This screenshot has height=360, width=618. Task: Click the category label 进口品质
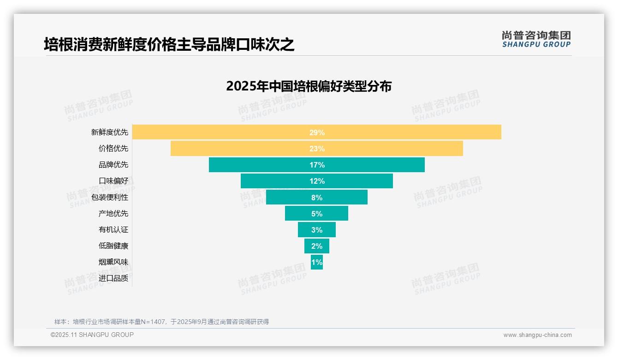[x=113, y=278]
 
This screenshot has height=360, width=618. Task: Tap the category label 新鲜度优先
[x=109, y=132]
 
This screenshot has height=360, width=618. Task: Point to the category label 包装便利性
[x=109, y=197]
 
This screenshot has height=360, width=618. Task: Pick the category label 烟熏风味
[x=113, y=262]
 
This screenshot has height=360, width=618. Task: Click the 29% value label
[x=317, y=132]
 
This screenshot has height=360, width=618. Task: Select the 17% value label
[x=317, y=165]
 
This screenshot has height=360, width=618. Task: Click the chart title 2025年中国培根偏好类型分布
[x=309, y=86]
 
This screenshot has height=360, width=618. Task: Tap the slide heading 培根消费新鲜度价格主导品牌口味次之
[x=169, y=44]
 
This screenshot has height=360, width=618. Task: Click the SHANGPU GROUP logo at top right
[x=536, y=39]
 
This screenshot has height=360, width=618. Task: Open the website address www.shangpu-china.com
[x=537, y=335]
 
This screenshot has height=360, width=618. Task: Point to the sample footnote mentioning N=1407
[x=161, y=322]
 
